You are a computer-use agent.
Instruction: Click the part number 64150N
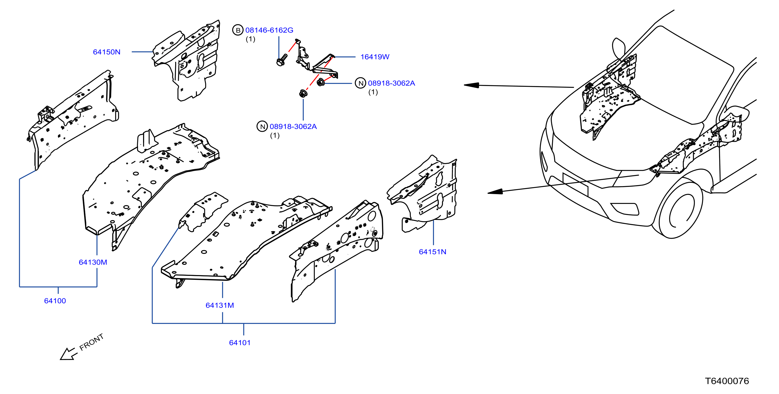[106, 52]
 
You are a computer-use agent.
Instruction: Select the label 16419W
[375, 57]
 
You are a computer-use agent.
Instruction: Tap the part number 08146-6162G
[269, 30]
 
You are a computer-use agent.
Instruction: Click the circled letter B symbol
[238, 30]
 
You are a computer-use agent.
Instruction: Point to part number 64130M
[93, 262]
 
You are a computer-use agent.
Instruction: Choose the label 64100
[55, 301]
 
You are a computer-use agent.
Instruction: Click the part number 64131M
[220, 305]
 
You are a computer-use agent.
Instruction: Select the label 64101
[240, 343]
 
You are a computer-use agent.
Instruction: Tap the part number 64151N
[432, 252]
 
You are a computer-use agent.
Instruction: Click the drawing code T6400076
[727, 381]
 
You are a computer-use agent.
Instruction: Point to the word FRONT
[91, 342]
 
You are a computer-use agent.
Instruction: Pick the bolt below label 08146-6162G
[282, 60]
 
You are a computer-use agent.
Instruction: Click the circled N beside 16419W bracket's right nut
[360, 83]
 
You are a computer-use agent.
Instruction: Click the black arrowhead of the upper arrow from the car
[471, 85]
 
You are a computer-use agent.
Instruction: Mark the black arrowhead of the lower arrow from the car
[495, 191]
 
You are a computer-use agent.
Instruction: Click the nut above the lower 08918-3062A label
[303, 93]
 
